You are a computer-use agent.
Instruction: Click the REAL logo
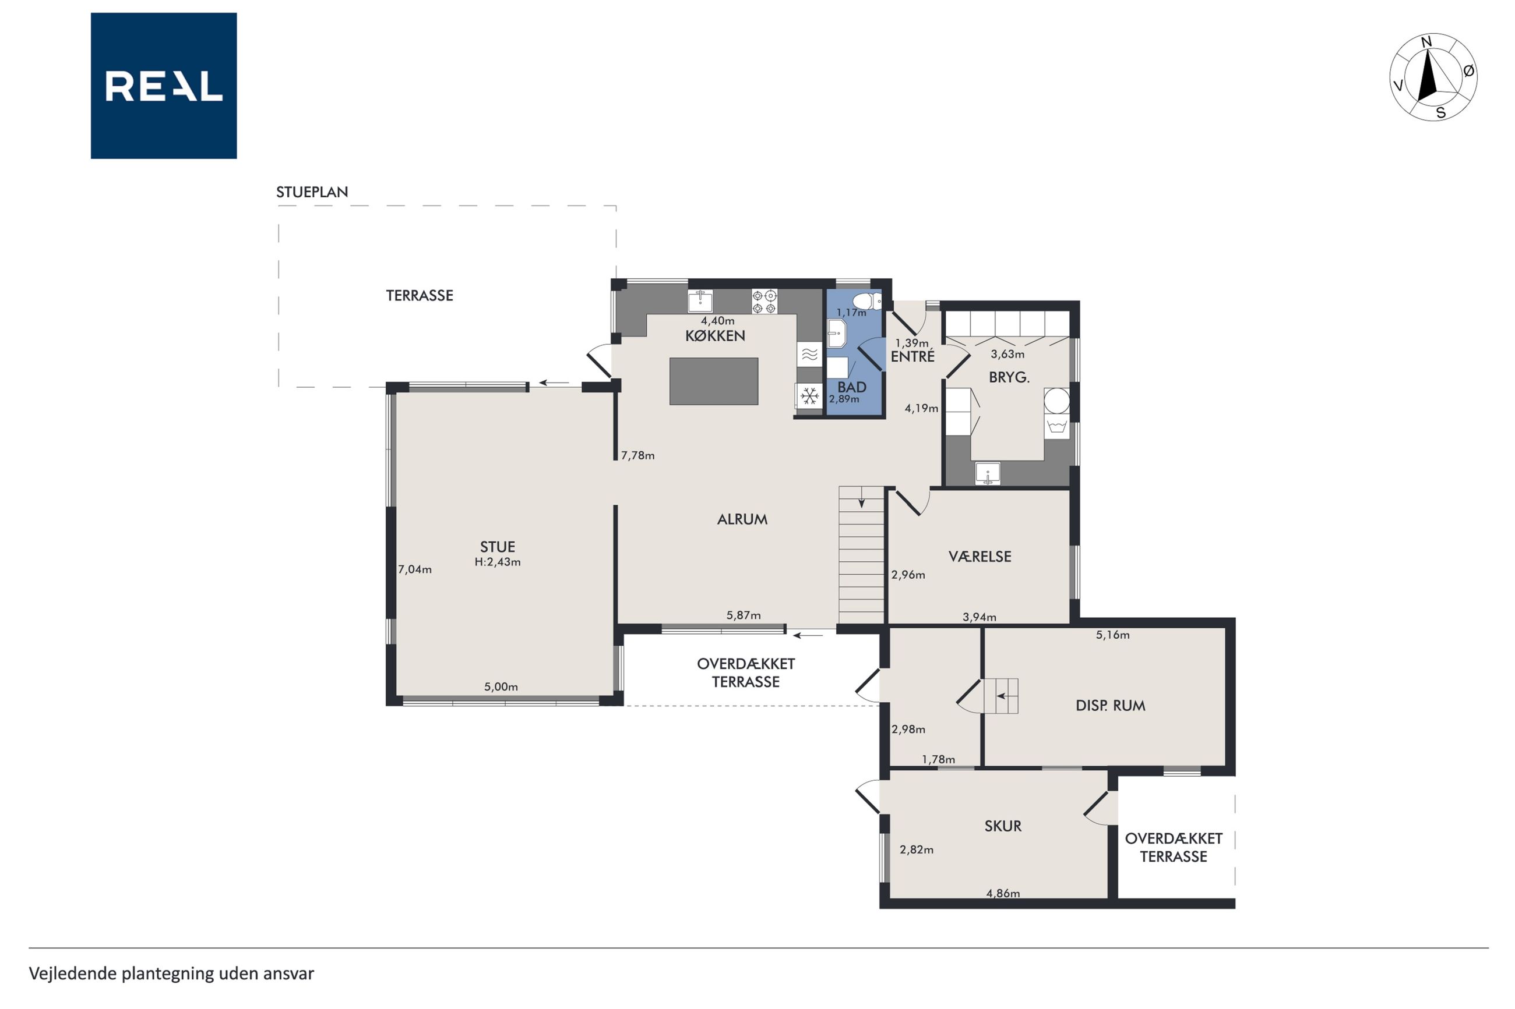tap(164, 86)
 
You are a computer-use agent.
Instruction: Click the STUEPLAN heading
tap(312, 192)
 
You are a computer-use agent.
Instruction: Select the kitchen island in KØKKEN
tap(713, 381)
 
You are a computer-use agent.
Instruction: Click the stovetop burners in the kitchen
tap(764, 302)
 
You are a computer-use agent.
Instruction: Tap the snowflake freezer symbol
tap(809, 396)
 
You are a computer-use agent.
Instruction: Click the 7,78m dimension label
tap(637, 456)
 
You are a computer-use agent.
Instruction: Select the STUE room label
tap(497, 547)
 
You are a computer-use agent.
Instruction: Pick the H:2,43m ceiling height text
tap(498, 562)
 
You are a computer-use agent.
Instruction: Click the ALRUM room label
tap(742, 519)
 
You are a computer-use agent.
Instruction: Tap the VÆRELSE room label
tap(980, 557)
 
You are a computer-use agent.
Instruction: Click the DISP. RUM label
tap(1110, 706)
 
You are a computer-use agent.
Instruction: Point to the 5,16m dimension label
tap(1112, 635)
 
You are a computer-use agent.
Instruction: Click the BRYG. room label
tap(1009, 378)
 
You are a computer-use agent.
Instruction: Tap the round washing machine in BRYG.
tap(1056, 400)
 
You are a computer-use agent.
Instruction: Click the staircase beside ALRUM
tap(861, 555)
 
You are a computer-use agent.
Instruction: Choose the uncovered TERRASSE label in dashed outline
tap(419, 295)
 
